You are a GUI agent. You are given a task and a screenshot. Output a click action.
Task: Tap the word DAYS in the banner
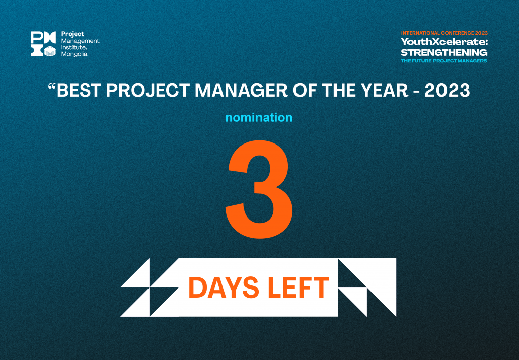click(x=224, y=287)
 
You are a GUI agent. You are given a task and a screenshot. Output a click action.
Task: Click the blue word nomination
click(x=259, y=117)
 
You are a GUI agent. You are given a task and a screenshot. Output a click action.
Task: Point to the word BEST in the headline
click(x=79, y=90)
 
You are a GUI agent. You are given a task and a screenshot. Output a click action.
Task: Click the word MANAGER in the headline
click(x=241, y=90)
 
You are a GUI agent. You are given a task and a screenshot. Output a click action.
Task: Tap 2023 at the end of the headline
click(x=447, y=90)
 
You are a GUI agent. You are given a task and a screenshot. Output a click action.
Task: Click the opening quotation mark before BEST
click(x=52, y=86)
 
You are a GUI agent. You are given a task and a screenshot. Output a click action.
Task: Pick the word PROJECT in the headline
click(x=147, y=90)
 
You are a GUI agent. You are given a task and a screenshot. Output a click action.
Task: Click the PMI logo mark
click(x=44, y=44)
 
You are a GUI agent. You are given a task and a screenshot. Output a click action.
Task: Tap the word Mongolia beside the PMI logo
click(x=74, y=54)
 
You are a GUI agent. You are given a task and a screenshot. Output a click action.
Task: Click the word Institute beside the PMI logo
click(x=73, y=47)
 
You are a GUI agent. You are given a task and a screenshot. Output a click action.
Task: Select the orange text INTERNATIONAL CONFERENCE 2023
click(x=444, y=33)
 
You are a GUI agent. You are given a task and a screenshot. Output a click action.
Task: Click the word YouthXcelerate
click(x=444, y=42)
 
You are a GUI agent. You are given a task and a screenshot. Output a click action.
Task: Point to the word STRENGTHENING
click(x=444, y=52)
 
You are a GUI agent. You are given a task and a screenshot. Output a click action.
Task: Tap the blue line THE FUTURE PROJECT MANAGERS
click(x=444, y=61)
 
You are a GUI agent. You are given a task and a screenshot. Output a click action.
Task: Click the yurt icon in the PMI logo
click(x=50, y=51)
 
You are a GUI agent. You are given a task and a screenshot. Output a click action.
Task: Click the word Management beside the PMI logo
click(x=81, y=41)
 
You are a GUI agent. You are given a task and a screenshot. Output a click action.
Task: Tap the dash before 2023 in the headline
click(x=417, y=91)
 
